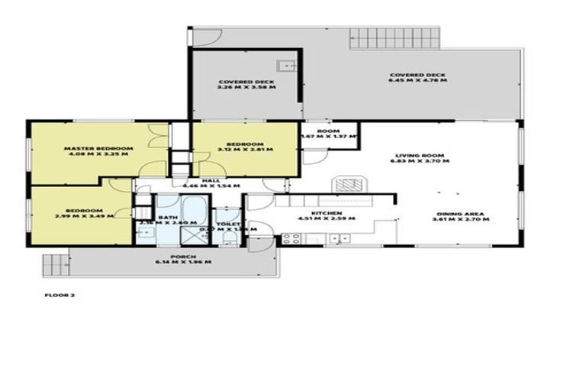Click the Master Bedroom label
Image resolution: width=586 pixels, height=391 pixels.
pos(98,147)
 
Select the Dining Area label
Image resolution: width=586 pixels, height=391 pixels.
pos(462,213)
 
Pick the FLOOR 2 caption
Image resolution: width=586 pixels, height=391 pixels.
pos(60,294)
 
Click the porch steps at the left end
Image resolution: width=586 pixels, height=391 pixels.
pos(55,264)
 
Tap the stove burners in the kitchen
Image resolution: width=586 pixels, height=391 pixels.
pos(291,238)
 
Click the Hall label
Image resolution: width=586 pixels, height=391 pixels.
pos(206,179)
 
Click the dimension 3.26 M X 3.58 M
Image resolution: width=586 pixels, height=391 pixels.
pos(246,88)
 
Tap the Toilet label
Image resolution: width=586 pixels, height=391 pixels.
pos(228,224)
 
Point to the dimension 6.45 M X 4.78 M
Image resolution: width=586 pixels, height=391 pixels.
pos(417,79)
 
